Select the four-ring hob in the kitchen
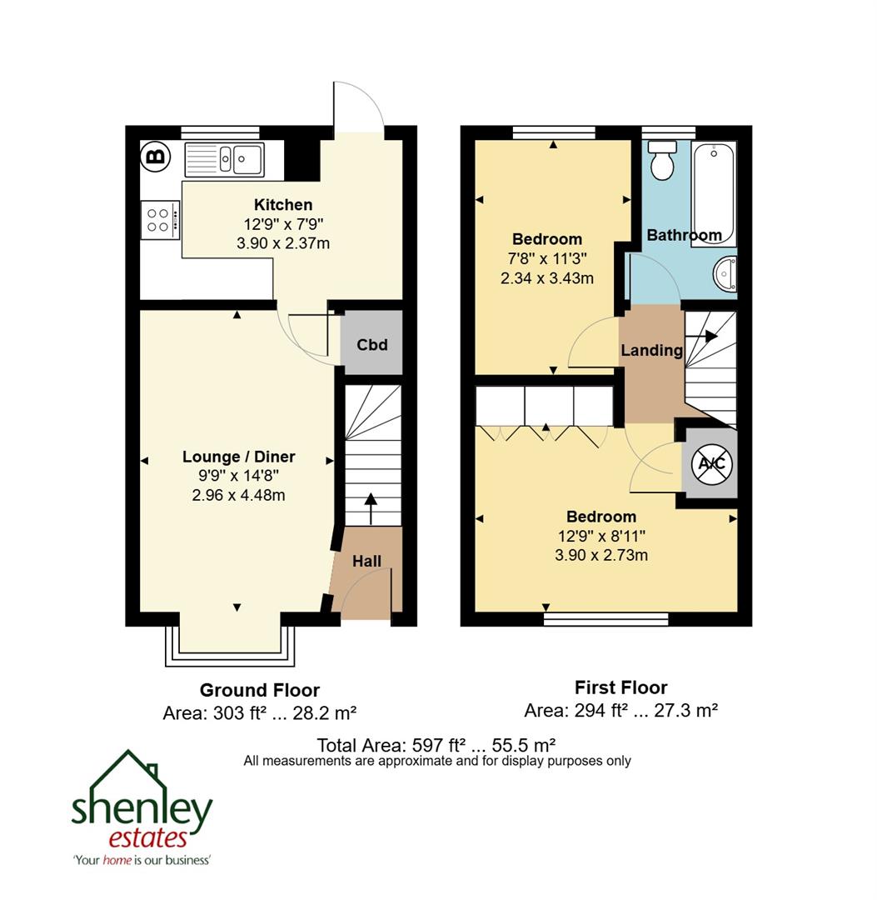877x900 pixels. pos(160,220)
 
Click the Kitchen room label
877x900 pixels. pos(283,205)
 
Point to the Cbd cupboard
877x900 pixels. pos(371,344)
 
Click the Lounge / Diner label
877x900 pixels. pos(239,457)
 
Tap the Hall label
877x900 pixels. pos(366,561)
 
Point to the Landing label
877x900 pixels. pos(651,351)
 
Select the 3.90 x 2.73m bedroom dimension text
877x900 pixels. pos(601,555)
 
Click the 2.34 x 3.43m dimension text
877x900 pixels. pos(547,278)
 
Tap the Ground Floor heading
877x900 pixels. pos(259,690)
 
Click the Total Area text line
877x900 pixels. pos(436,744)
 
